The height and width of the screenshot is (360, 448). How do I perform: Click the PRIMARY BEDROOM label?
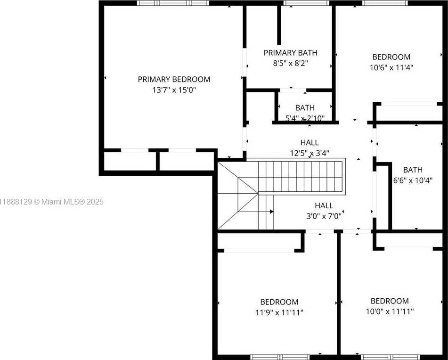[x=174, y=79]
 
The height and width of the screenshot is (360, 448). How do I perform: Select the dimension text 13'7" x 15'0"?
[x=174, y=90]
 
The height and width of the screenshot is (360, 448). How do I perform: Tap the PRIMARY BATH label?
[x=290, y=53]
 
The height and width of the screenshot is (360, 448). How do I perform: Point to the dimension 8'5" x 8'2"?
[x=290, y=63]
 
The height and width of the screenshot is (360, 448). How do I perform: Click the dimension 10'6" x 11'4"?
[x=391, y=68]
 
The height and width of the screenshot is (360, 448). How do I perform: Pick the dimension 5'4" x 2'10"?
[x=305, y=118]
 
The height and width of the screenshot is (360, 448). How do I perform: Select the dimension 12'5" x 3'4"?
[x=310, y=153]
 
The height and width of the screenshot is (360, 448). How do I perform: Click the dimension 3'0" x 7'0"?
[x=324, y=216]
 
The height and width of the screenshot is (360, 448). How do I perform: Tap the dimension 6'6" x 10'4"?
[x=413, y=180]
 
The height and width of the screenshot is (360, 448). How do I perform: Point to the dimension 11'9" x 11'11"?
[x=279, y=312]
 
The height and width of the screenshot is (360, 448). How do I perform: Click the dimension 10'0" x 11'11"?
[x=390, y=311]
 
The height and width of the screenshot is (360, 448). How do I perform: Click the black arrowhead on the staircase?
[x=272, y=212]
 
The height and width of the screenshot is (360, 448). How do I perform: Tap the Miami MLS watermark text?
[x=52, y=202]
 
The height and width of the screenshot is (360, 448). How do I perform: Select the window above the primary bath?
[x=306, y=3]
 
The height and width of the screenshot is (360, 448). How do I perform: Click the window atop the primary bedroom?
[x=173, y=3]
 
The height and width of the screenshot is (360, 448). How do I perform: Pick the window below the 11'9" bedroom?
[x=280, y=357]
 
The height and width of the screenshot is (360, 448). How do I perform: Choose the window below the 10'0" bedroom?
[x=391, y=357]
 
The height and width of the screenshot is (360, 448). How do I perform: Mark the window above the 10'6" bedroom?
[x=385, y=3]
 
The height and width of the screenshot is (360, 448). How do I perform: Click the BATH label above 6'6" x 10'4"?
[x=413, y=170]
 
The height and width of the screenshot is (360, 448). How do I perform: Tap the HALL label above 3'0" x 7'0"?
[x=324, y=205]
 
